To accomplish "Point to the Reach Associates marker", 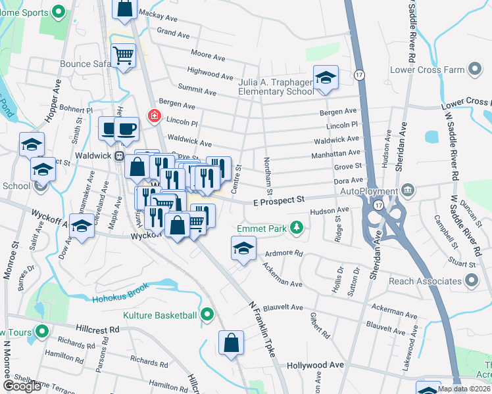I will (471, 280).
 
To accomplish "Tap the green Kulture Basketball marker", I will (207, 315).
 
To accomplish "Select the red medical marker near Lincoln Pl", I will (154, 116).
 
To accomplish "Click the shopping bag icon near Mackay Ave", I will (125, 8).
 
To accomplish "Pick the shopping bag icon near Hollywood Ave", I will (232, 343).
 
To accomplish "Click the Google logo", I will (22, 386).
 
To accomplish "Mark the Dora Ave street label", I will (348, 180).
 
